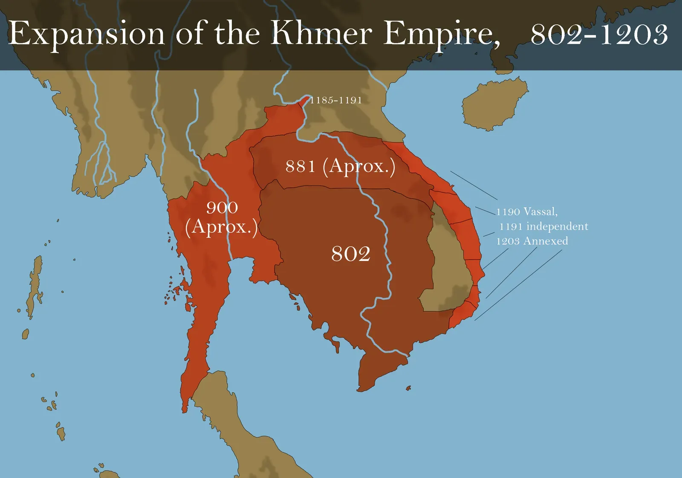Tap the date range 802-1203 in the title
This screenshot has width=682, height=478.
coord(599,34)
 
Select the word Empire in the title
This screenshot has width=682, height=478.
coord(441,34)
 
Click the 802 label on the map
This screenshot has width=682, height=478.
coord(350,254)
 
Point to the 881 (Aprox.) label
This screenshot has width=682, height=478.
coord(340,166)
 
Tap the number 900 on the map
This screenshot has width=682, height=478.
coord(222,208)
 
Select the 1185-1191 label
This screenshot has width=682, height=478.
coord(336,100)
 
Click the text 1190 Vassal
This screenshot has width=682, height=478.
coord(527,211)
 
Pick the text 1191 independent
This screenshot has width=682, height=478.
coord(544,226)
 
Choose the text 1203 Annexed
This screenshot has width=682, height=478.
coord(532,241)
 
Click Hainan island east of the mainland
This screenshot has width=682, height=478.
coord(494,104)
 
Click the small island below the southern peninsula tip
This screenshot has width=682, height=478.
coord(408,388)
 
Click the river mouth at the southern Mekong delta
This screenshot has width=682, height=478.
coord(403,353)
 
